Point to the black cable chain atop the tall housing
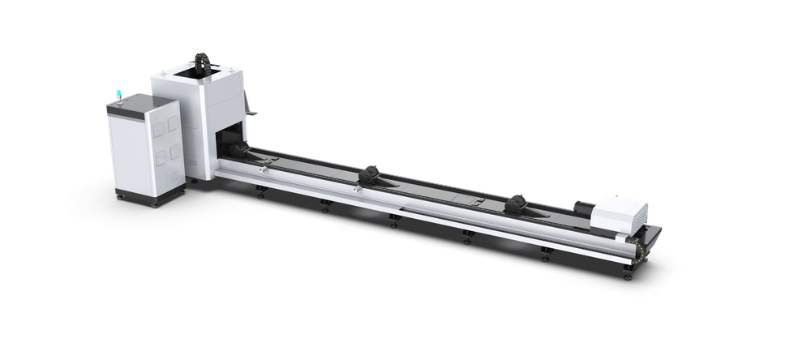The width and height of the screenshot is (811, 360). (x=204, y=63)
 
